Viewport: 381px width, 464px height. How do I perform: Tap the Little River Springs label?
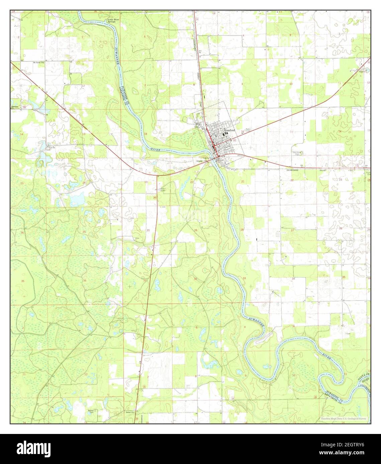point(113,21)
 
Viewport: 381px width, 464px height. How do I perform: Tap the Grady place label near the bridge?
point(200,161)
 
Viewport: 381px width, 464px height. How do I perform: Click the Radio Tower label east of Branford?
point(248,130)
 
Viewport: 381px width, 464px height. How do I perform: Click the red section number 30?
point(148,231)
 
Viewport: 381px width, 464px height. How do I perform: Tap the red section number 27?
point(292,230)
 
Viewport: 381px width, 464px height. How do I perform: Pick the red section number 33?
point(244,278)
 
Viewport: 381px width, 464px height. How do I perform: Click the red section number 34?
point(293,278)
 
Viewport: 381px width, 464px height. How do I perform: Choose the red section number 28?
point(242,230)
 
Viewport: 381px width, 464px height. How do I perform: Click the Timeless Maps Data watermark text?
point(343,419)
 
